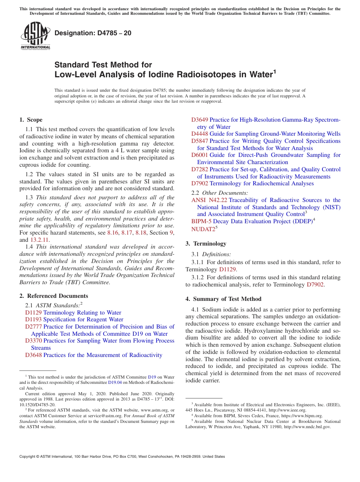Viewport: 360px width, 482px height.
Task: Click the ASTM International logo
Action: [x=35, y=36]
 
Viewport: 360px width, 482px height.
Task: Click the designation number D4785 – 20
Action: [x=93, y=33]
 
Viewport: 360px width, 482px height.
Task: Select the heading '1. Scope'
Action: [x=31, y=120]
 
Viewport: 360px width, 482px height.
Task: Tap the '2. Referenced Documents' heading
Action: [x=54, y=296]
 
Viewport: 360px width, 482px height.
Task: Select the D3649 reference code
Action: [x=200, y=120]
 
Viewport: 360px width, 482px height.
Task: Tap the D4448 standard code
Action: [x=200, y=134]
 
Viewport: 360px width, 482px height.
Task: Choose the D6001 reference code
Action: [x=200, y=155]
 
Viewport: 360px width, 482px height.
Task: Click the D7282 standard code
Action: [x=200, y=169]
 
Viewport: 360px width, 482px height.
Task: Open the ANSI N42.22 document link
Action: [x=209, y=200]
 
